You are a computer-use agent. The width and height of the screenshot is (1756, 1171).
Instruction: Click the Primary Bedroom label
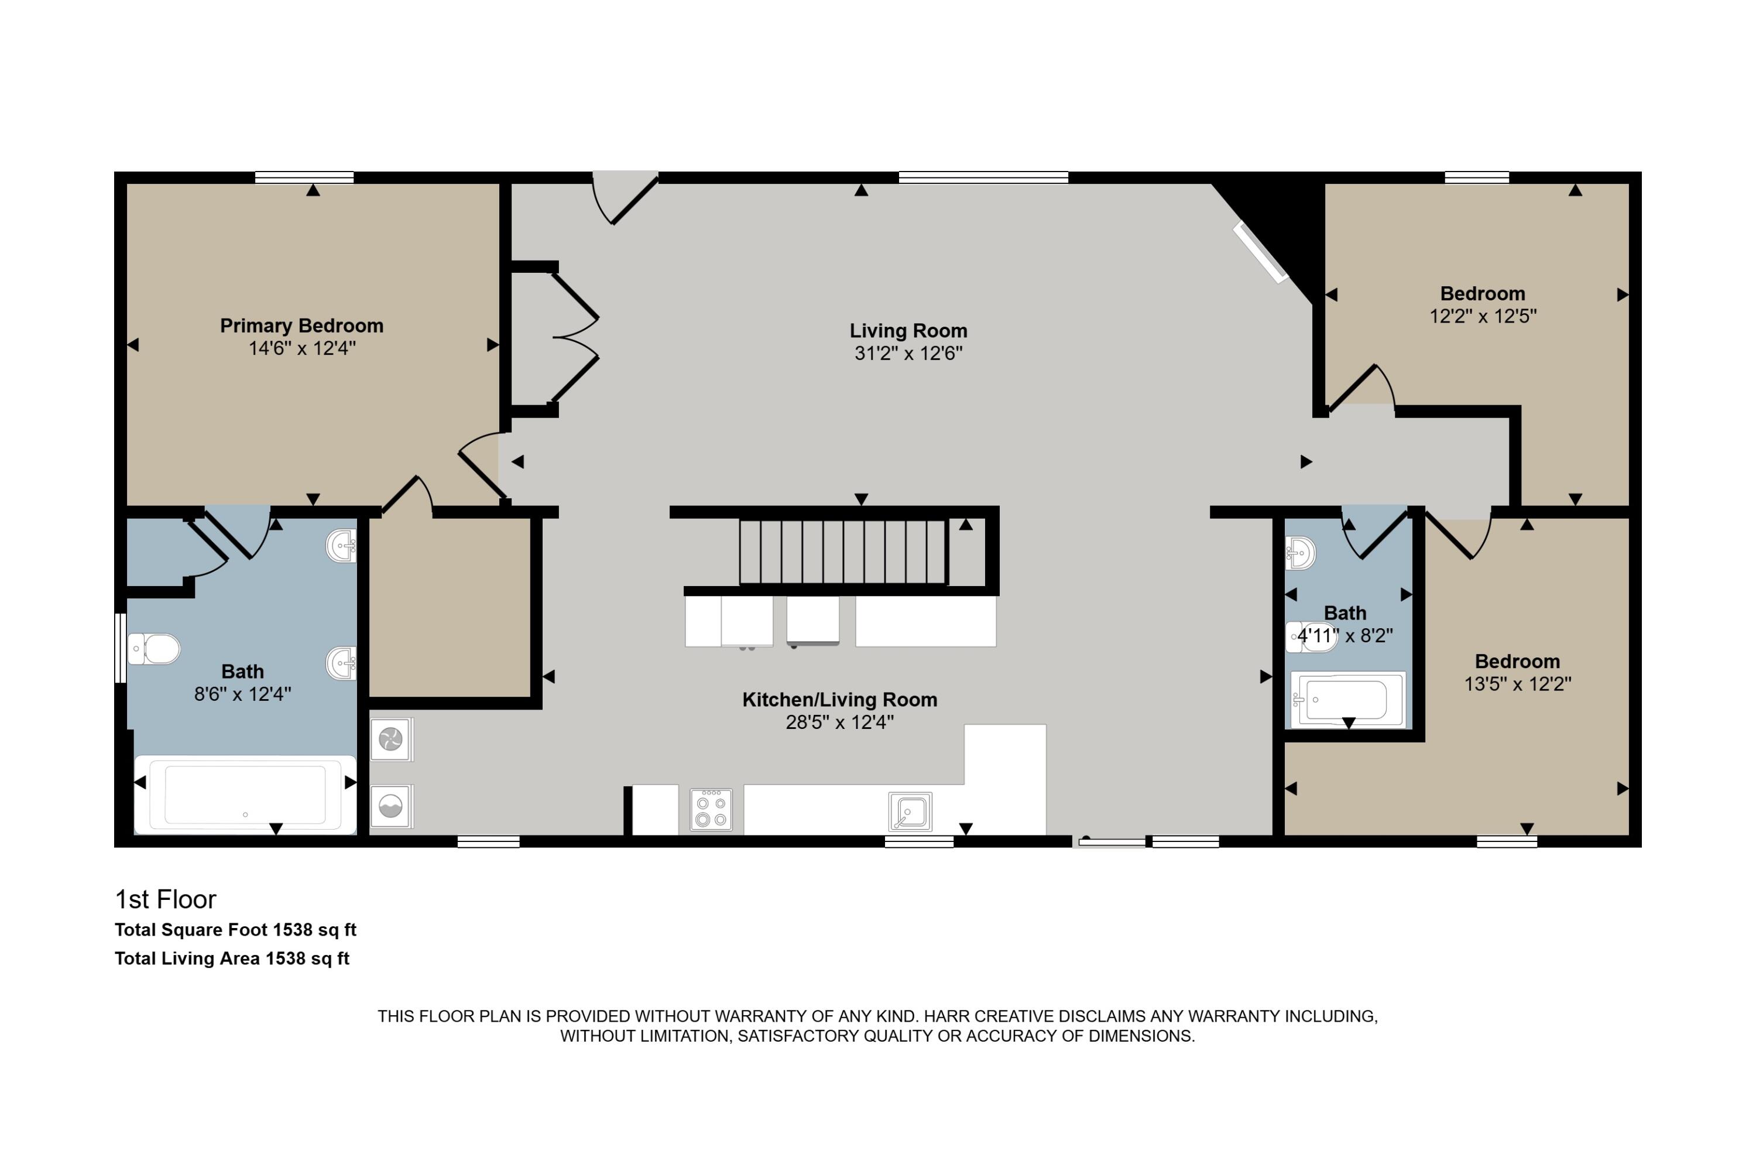(301, 326)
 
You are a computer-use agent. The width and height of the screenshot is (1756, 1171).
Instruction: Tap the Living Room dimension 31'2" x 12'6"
(908, 353)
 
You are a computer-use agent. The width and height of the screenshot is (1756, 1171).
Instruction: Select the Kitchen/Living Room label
(840, 700)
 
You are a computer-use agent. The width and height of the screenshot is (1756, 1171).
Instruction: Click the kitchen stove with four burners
(711, 810)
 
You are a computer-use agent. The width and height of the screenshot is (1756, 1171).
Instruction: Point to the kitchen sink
(910, 812)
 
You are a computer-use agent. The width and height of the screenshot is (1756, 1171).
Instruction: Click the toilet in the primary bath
(154, 649)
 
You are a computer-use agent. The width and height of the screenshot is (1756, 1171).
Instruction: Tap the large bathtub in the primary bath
(245, 795)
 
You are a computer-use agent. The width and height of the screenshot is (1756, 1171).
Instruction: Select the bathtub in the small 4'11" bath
(1349, 699)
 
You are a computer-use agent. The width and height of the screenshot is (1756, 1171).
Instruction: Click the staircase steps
(843, 552)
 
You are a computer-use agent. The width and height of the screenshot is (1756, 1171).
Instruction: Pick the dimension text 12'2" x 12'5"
(1483, 317)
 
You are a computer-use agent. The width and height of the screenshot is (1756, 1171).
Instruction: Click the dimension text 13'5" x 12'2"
(1518, 684)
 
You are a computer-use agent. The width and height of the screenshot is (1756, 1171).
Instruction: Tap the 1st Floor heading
(166, 899)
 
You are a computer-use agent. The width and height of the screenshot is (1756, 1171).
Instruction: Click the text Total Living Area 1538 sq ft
(232, 958)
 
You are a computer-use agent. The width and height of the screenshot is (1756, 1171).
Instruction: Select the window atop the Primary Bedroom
(304, 177)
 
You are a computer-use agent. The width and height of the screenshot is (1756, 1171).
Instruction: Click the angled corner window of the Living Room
(1260, 252)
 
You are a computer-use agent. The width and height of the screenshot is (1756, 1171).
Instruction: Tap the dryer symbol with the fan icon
(391, 739)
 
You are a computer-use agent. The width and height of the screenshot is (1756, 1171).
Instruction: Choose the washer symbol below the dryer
(391, 806)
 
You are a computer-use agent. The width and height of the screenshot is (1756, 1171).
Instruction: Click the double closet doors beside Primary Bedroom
(575, 338)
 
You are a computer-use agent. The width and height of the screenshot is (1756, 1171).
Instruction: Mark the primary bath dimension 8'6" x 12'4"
(243, 694)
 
